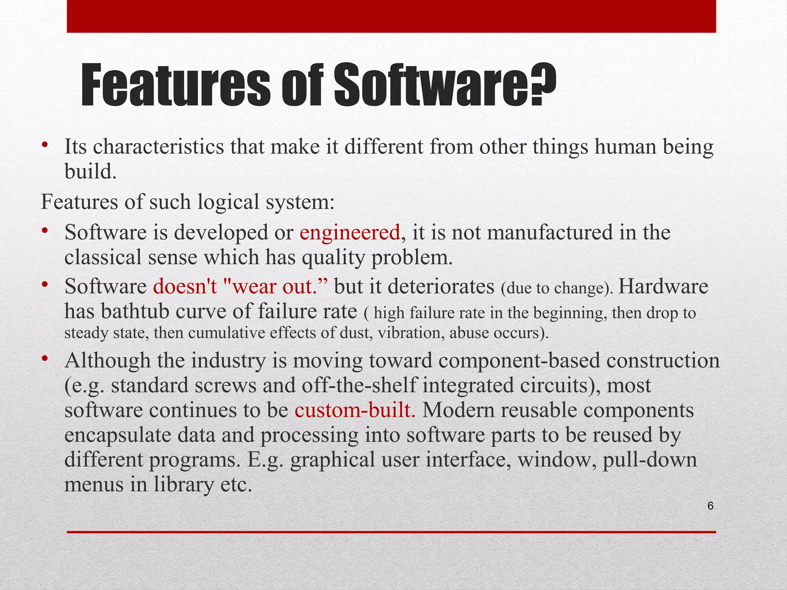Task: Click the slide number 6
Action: pos(710,506)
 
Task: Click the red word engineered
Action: pos(350,232)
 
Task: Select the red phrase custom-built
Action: pos(355,410)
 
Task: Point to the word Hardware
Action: pos(663,287)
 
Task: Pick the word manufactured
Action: pos(550,232)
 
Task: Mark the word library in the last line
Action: pos(184,484)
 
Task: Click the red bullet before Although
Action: pos(45,359)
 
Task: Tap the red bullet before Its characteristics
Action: pos(45,145)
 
